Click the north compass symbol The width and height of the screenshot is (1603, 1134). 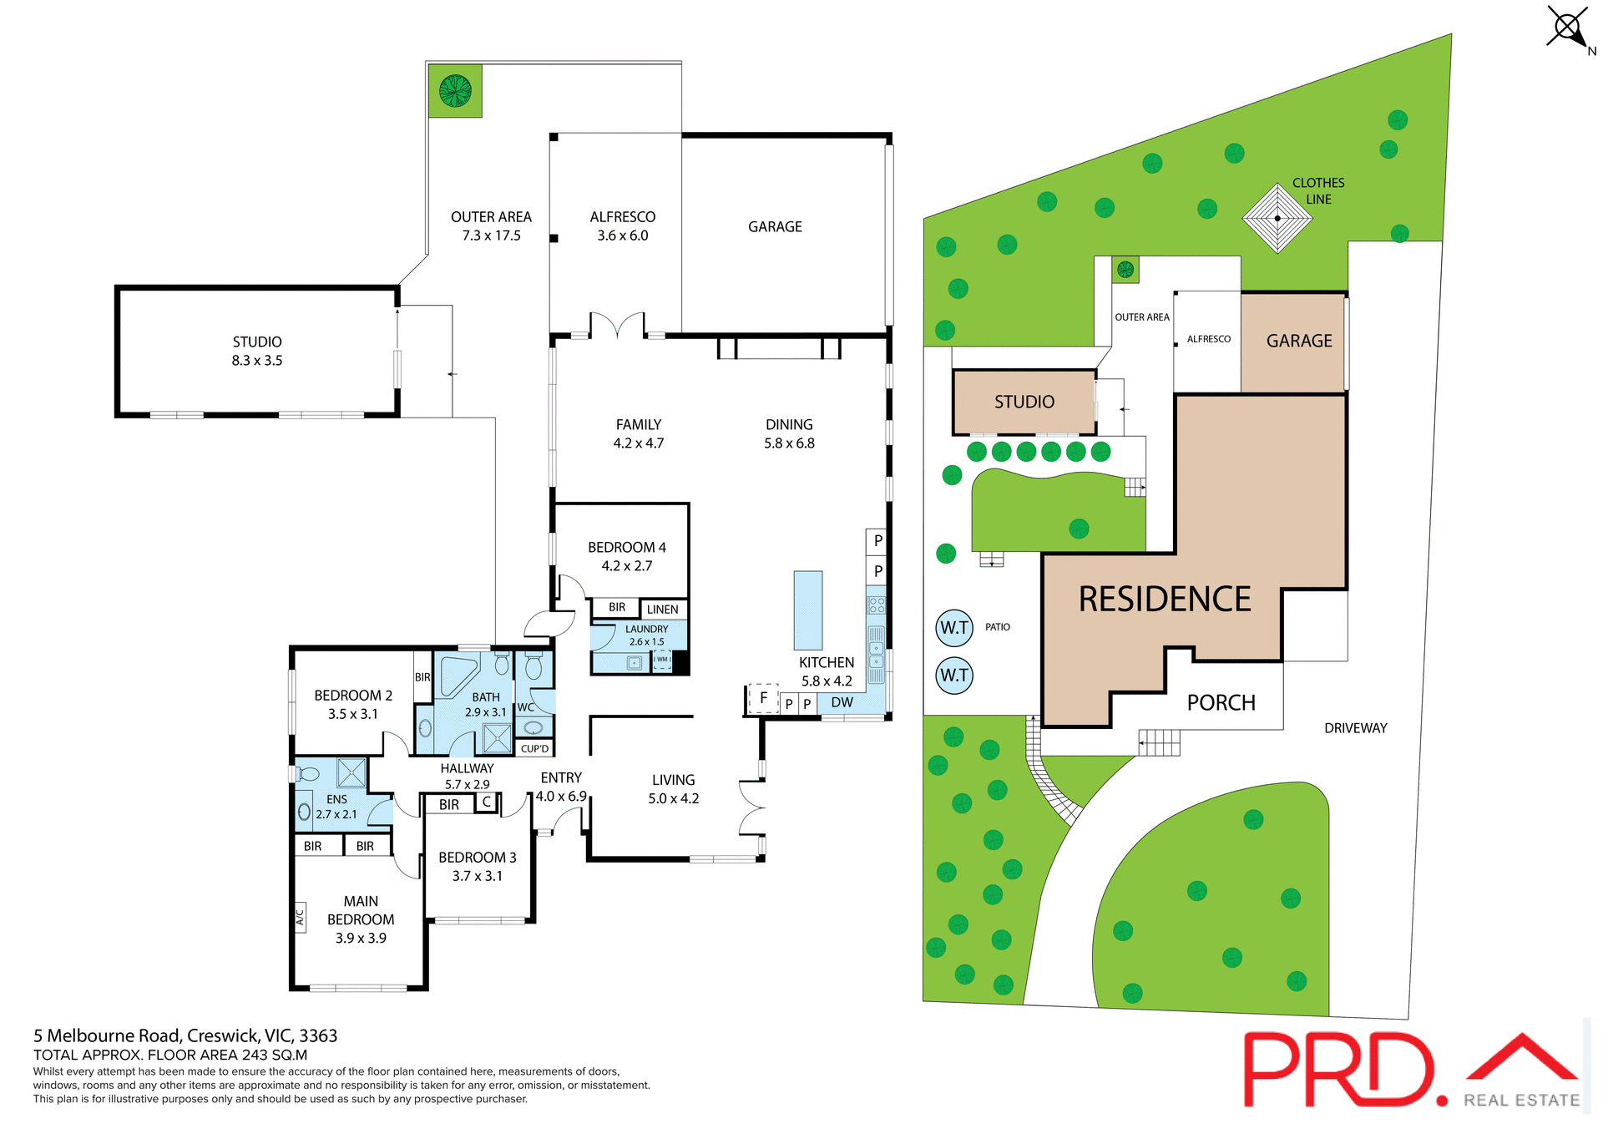1567,28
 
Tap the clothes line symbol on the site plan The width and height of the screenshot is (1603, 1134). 1277,219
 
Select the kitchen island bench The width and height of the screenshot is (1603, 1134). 807,610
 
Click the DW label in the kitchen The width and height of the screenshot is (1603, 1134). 842,703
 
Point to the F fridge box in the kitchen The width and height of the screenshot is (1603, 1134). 763,698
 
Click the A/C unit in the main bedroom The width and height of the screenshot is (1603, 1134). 301,917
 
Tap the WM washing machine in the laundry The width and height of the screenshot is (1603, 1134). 662,661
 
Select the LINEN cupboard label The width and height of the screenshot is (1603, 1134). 662,610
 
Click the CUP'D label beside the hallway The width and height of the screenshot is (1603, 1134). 534,749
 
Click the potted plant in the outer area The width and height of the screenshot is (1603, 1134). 455,90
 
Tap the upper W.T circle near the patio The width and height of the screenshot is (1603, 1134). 954,628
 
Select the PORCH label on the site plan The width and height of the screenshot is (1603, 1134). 1221,703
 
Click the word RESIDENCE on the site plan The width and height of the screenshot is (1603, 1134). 1164,600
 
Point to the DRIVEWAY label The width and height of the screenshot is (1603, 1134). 1355,728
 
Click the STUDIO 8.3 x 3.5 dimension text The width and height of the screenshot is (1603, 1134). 257,361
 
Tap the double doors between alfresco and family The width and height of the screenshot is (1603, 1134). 617,326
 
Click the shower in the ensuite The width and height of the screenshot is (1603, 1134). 351,773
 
